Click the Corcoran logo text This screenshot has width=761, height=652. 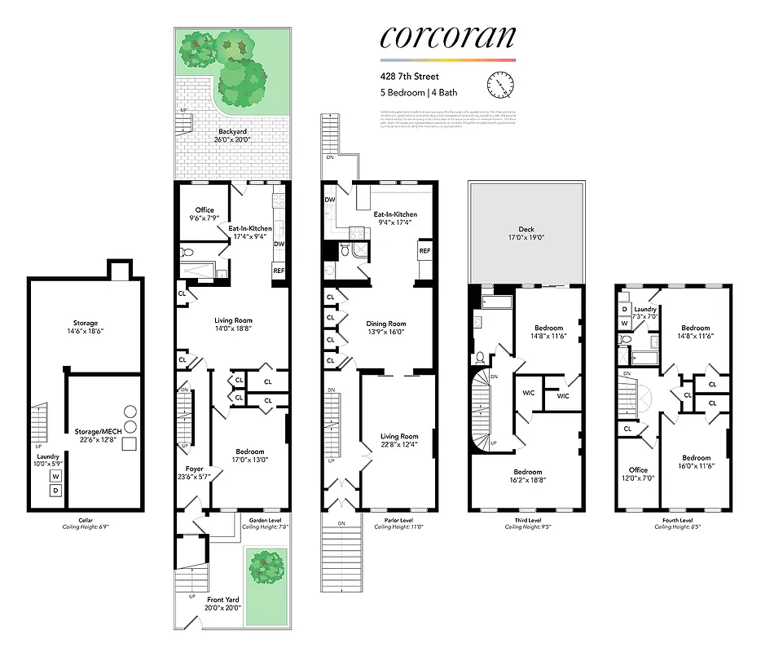tap(447, 37)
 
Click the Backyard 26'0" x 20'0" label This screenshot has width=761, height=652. tap(232, 135)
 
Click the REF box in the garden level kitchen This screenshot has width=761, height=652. tap(279, 271)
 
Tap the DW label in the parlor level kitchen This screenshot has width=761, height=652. tap(330, 200)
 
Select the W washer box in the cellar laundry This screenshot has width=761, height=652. tap(56, 476)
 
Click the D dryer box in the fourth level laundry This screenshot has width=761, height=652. tap(624, 310)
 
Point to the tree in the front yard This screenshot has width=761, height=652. tap(266, 565)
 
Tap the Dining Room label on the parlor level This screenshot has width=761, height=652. tap(386, 328)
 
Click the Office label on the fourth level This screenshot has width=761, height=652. tap(638, 470)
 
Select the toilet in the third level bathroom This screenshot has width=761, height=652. tap(481, 356)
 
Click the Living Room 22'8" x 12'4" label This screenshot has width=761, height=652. tap(398, 441)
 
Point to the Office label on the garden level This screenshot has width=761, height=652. tap(205, 214)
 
